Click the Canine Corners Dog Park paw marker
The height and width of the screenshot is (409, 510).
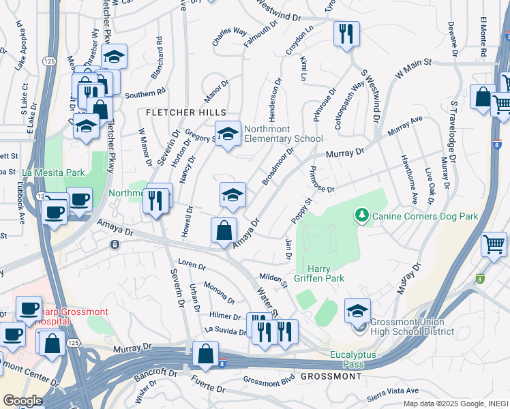pyautogui.click(x=361, y=217)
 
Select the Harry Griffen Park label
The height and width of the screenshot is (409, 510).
pyautogui.click(x=325, y=273)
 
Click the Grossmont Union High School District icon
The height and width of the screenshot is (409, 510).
pyautogui.click(x=357, y=310)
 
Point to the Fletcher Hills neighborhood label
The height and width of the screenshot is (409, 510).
pyautogui.click(x=183, y=112)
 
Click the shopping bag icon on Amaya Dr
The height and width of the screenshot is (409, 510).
pyautogui.click(x=224, y=230)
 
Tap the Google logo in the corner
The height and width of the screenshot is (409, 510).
pyautogui.click(x=22, y=401)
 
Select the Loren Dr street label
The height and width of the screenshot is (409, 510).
pyautogui.click(x=192, y=263)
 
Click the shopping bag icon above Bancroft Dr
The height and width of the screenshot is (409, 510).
pyautogui.click(x=205, y=354)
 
